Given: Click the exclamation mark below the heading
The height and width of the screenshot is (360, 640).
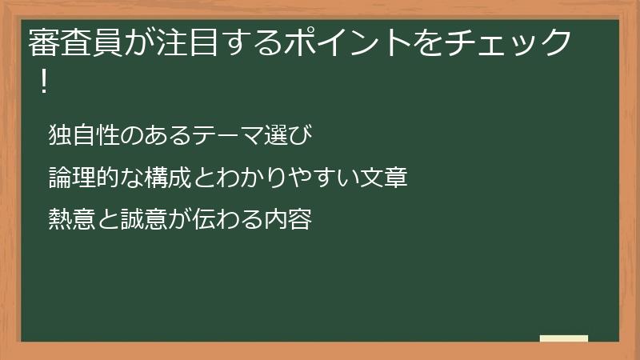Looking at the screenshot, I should coord(43,82).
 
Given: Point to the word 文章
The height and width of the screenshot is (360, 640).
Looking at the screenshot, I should coord(385,177).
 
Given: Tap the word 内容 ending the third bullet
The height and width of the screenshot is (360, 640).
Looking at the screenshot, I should coord(287,218).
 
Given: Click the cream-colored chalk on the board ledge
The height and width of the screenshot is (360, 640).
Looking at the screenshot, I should coord(564,338).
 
